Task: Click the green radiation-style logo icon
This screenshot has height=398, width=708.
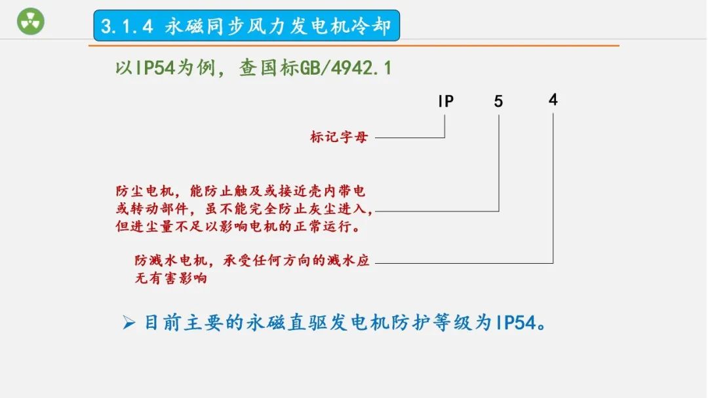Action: [x=30, y=22]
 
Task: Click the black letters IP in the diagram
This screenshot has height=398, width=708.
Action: [x=446, y=101]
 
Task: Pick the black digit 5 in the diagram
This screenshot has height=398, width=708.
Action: [x=499, y=101]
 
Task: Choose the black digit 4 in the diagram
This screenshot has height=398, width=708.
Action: [x=553, y=99]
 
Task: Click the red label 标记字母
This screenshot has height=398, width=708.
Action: [x=339, y=137]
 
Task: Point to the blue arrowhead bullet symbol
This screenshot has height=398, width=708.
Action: [x=128, y=323]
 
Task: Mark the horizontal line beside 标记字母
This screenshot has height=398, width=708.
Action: [x=410, y=137]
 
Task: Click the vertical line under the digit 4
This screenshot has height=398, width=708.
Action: [x=553, y=190]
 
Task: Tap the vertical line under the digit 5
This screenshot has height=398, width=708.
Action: [x=499, y=164]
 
